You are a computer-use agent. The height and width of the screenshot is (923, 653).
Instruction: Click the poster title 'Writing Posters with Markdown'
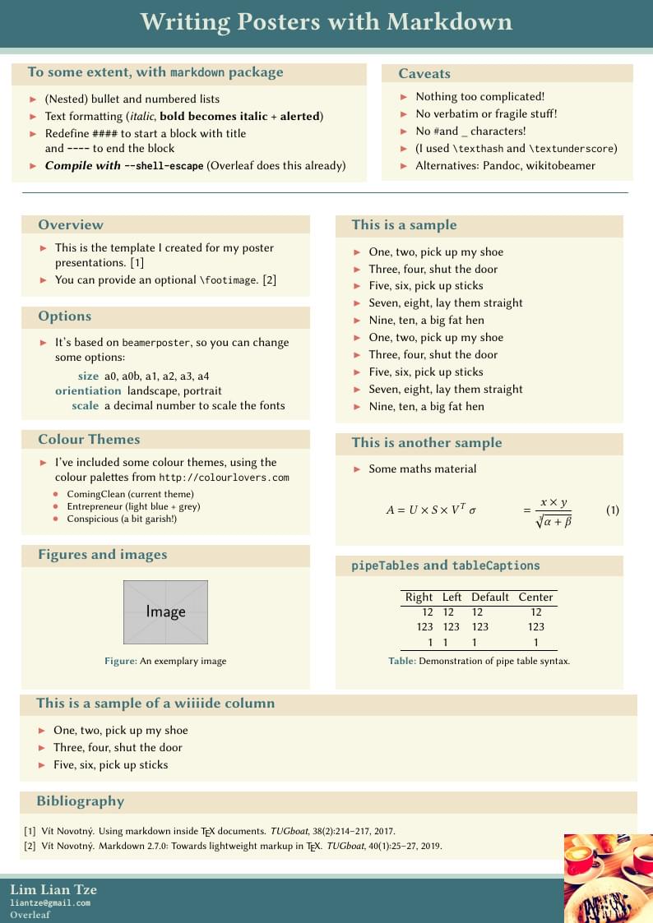(x=326, y=21)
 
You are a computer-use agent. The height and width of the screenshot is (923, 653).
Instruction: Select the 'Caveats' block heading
(x=424, y=74)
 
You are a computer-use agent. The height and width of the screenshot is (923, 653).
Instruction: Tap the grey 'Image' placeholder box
(x=165, y=611)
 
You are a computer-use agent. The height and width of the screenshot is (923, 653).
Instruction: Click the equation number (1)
(x=612, y=510)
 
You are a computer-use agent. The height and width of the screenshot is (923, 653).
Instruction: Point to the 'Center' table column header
(x=536, y=597)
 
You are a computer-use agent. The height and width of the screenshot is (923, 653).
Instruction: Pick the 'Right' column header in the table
(x=419, y=597)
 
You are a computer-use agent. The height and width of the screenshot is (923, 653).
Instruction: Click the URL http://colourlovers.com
(x=224, y=478)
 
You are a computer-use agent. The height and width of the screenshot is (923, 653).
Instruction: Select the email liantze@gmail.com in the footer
(x=50, y=902)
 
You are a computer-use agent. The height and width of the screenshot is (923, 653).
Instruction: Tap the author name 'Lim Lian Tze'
(x=53, y=889)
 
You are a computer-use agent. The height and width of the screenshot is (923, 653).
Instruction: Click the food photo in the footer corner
(x=608, y=878)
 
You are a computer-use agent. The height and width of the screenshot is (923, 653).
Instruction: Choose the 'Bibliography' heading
(x=80, y=801)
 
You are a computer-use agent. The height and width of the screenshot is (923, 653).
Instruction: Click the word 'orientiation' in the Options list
(x=88, y=390)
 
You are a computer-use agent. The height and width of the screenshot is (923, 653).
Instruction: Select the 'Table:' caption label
(x=402, y=661)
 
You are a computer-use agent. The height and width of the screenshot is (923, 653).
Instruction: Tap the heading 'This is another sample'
(x=426, y=443)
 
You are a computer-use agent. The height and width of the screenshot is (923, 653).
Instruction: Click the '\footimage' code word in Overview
(x=229, y=280)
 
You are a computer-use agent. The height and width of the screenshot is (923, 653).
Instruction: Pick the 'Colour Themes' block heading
(x=89, y=440)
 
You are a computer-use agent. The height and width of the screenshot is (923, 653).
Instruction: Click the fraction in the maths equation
(x=553, y=511)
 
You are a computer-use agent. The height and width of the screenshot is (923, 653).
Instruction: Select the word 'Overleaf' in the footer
(x=30, y=914)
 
